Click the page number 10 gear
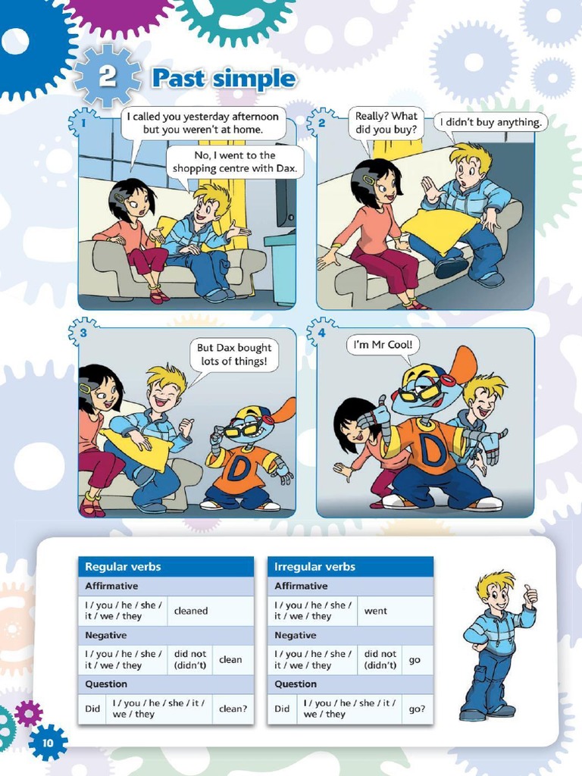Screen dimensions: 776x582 click(48, 743)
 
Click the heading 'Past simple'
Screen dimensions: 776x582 click(223, 78)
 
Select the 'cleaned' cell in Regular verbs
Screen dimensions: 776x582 click(191, 611)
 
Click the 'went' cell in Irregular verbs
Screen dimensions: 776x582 click(376, 611)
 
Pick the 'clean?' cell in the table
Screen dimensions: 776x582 click(233, 709)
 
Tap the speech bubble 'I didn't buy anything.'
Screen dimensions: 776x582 click(492, 122)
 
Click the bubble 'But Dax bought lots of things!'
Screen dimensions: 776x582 click(234, 355)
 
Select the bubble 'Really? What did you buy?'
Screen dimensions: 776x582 click(386, 123)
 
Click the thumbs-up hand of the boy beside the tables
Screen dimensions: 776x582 click(530, 596)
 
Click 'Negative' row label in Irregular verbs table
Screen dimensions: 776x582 click(296, 635)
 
